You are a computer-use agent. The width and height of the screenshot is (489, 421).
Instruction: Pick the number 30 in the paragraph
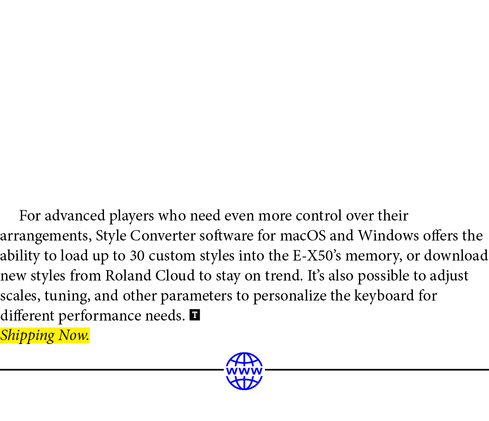pyautogui.click(x=137, y=256)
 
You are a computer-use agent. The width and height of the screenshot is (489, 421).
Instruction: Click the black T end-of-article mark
pyautogui.click(x=195, y=315)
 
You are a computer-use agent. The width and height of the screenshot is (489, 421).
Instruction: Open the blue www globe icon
pyautogui.click(x=244, y=371)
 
